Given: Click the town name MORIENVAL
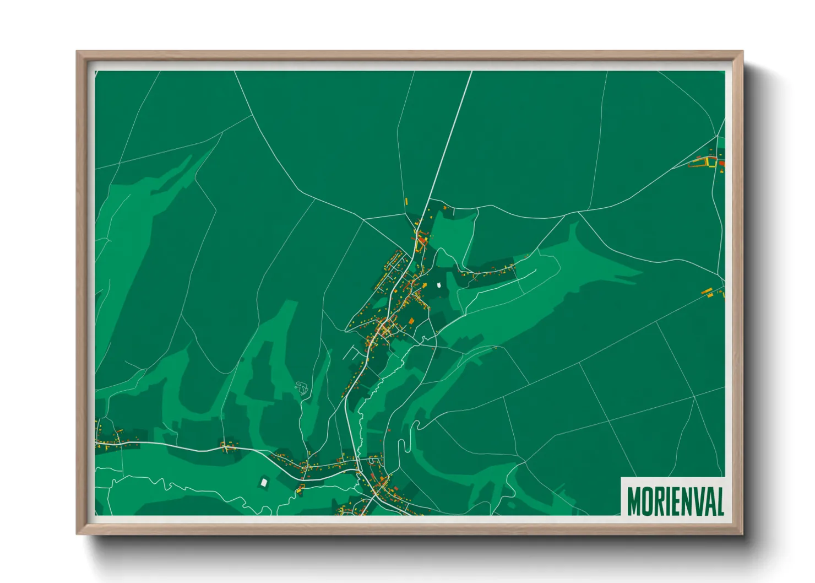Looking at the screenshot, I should [x=675, y=500].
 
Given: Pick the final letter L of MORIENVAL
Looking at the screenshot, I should [x=719, y=500].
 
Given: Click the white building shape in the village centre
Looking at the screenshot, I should [x=439, y=285].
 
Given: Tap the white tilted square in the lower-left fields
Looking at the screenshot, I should [x=264, y=483].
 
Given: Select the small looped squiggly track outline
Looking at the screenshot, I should [x=301, y=388].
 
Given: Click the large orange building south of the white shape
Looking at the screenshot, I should [x=411, y=320].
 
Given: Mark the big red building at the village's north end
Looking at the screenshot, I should [x=422, y=240].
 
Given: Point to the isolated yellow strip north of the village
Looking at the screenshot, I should [x=407, y=201].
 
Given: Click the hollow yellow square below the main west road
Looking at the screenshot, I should [x=301, y=488].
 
